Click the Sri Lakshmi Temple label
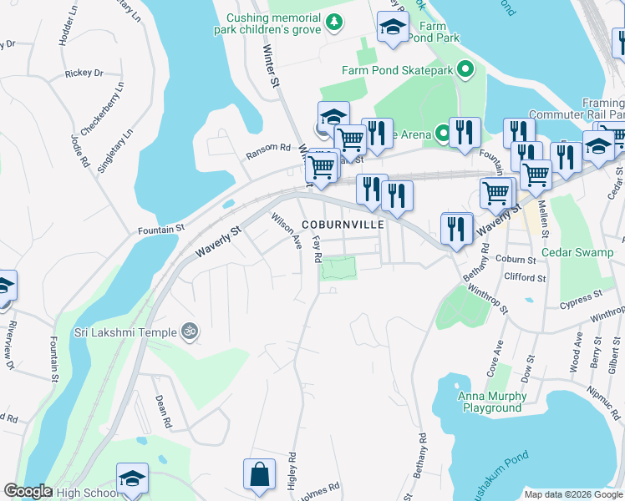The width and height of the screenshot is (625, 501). pyautogui.click(x=124, y=332)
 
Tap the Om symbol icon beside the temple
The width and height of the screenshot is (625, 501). pyautogui.click(x=190, y=331)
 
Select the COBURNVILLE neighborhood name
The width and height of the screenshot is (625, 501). pyautogui.click(x=343, y=225)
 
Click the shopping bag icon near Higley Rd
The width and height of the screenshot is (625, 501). pyautogui.click(x=259, y=475)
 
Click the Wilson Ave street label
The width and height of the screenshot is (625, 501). pyautogui.click(x=285, y=230)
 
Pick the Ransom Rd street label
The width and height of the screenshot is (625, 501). pyautogui.click(x=267, y=150)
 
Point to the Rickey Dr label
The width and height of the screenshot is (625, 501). pyautogui.click(x=84, y=73)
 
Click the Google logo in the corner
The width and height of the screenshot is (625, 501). pyautogui.click(x=27, y=492)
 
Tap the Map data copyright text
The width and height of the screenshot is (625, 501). pyautogui.click(x=572, y=494)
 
